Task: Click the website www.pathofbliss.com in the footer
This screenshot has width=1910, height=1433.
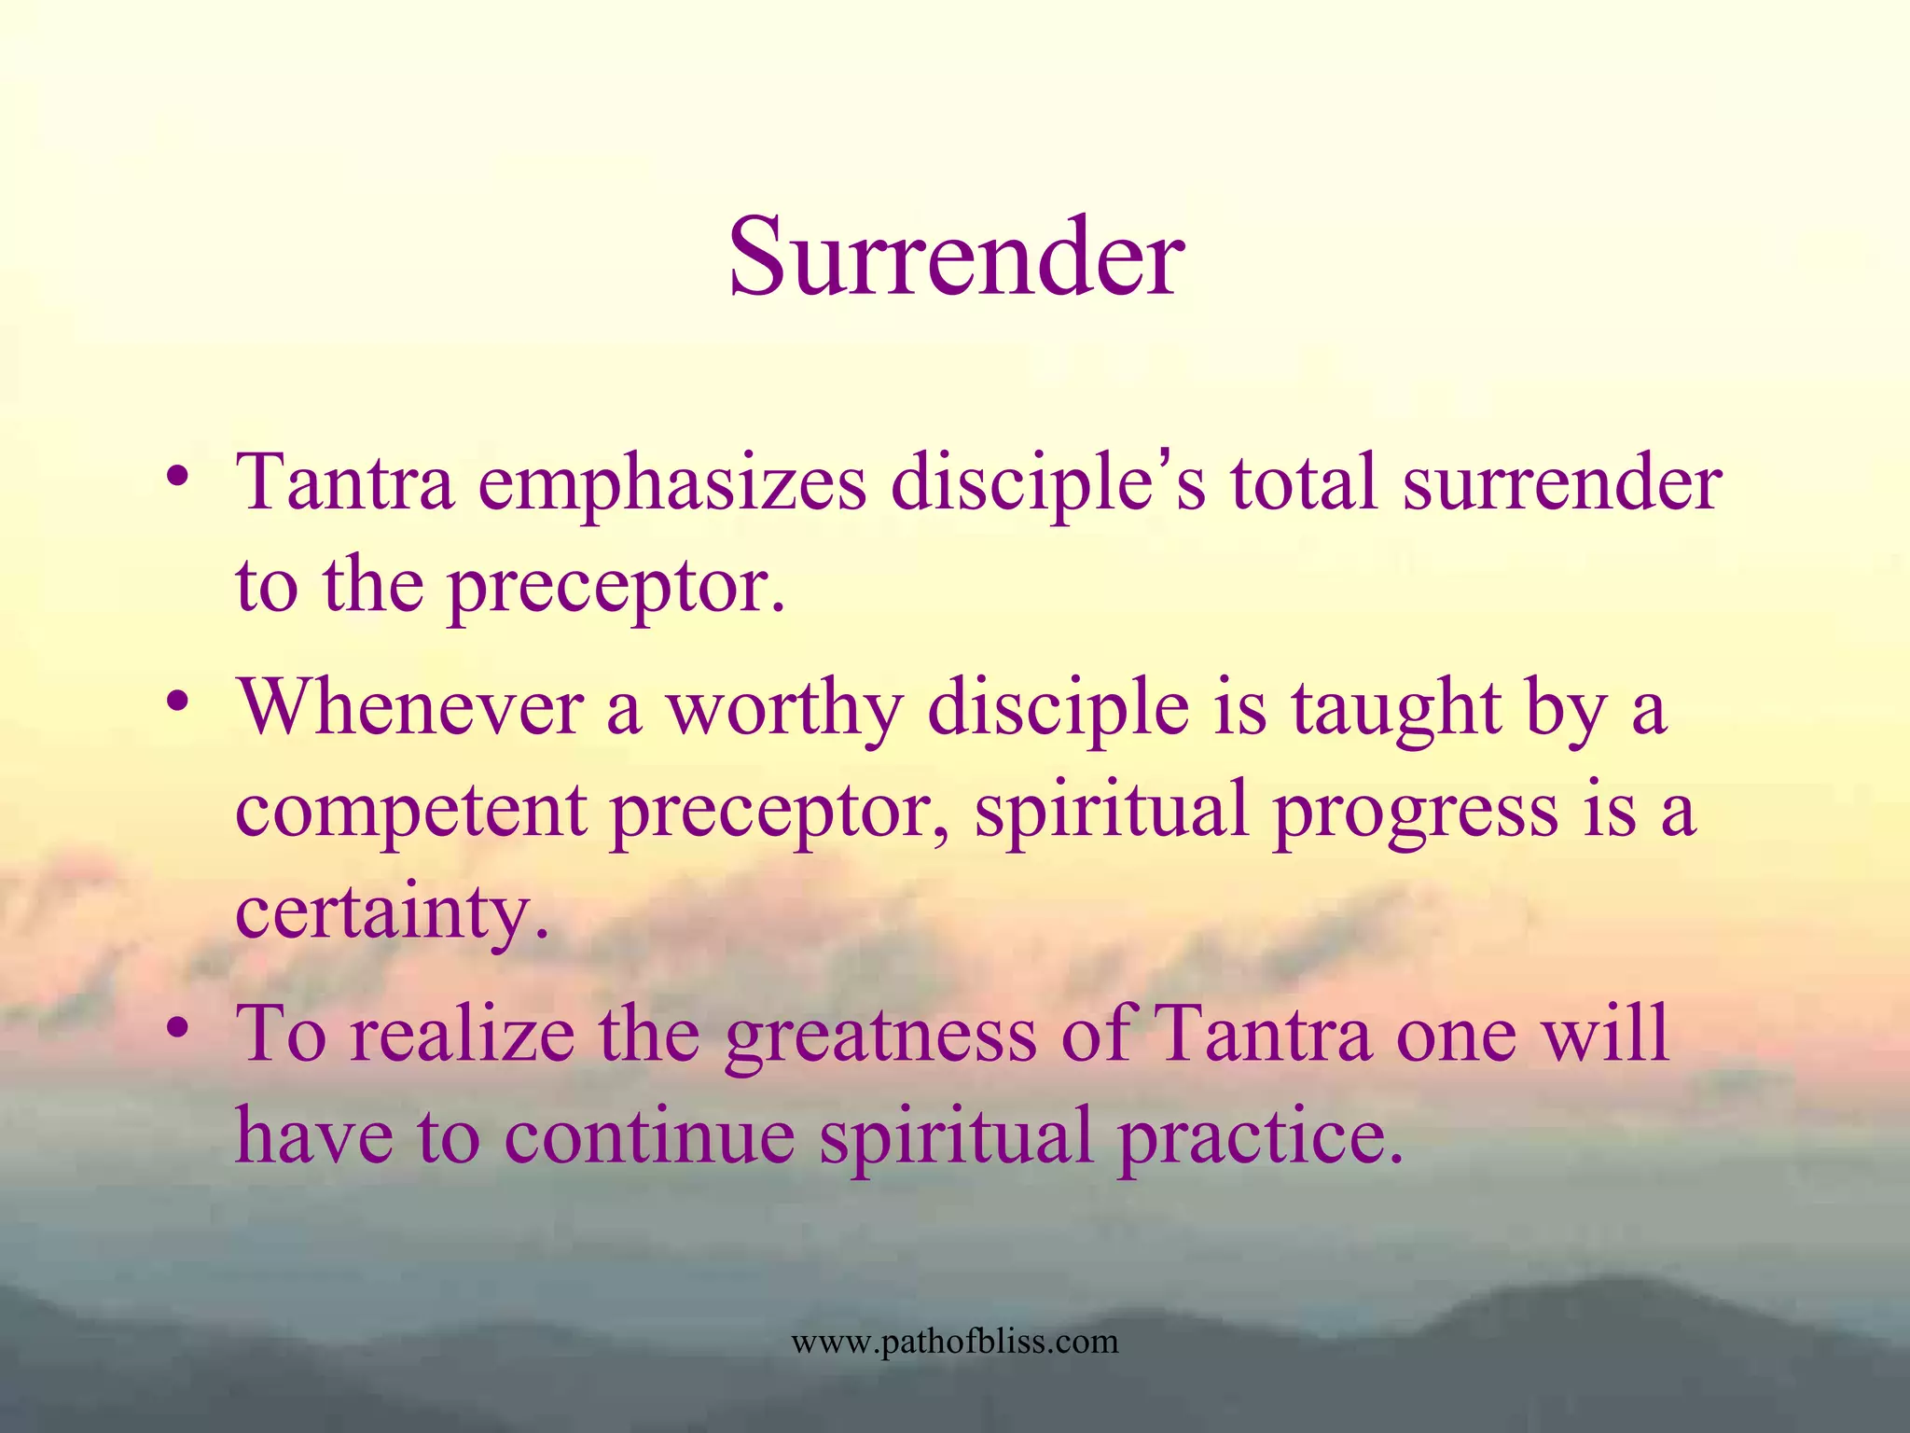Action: pyautogui.click(x=954, y=1342)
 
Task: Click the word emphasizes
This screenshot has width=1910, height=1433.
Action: pyautogui.click(x=671, y=485)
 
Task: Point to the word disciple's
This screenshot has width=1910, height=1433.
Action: pyautogui.click(x=1048, y=485)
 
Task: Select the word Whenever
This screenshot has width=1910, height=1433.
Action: pyautogui.click(x=410, y=707)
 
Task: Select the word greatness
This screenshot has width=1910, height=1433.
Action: pyautogui.click(x=880, y=1036)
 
